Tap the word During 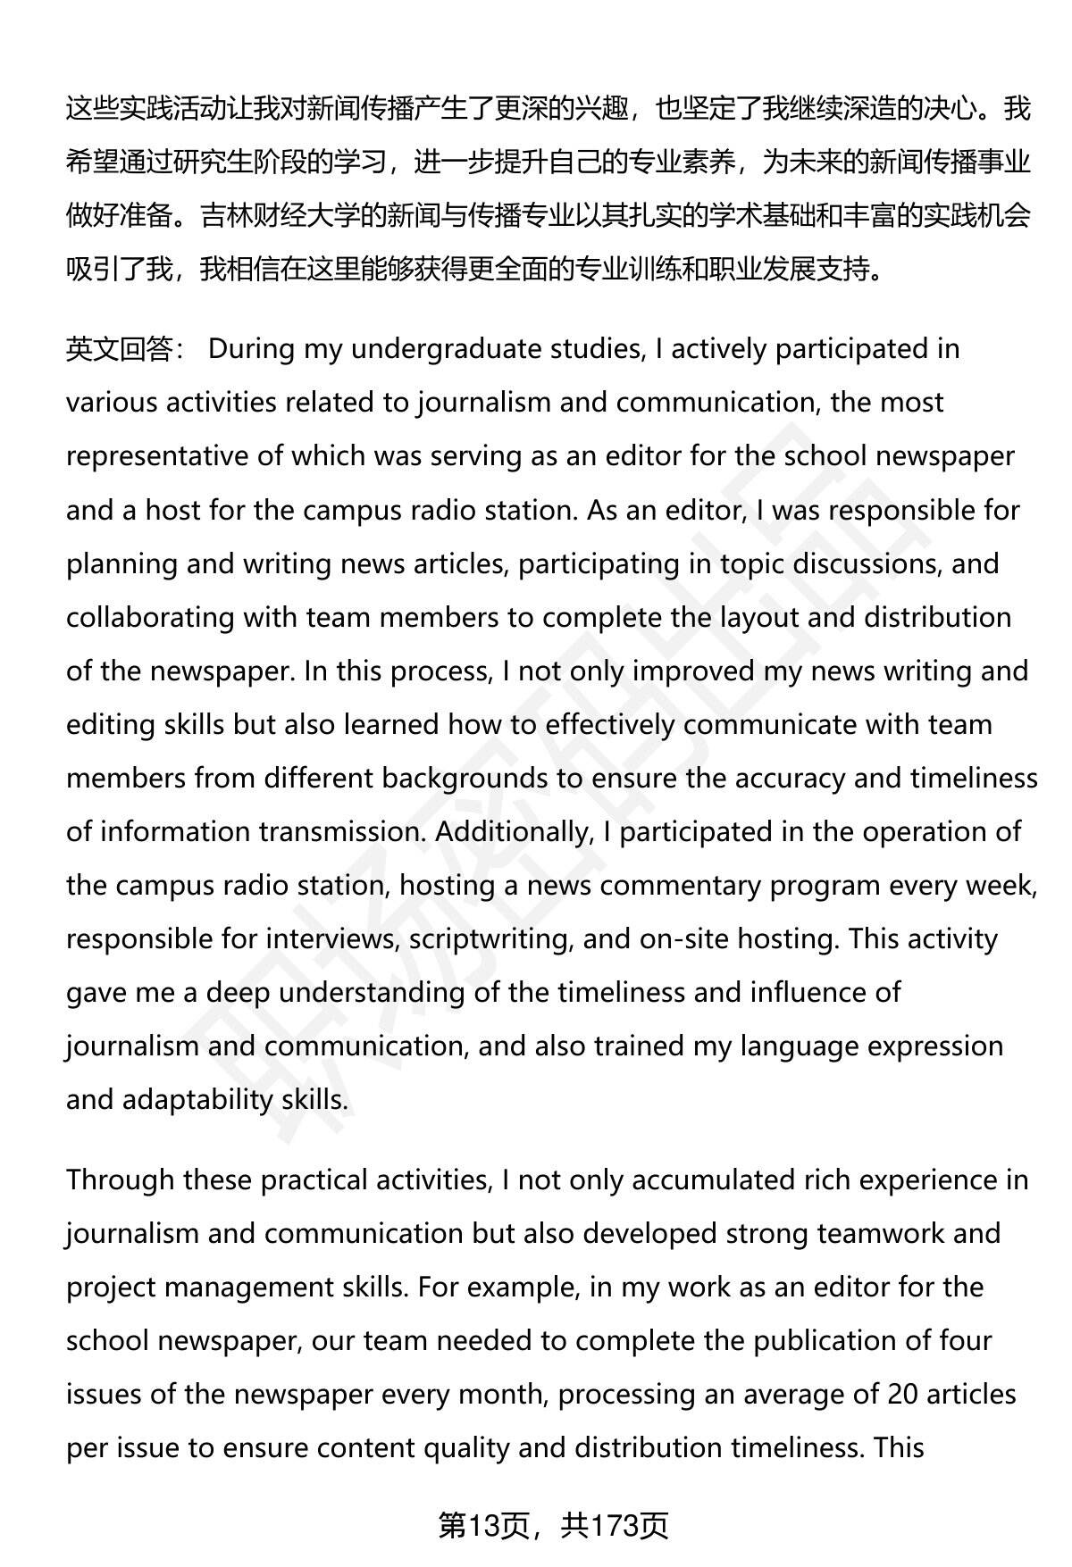(250, 349)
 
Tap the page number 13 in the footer (484, 1526)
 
